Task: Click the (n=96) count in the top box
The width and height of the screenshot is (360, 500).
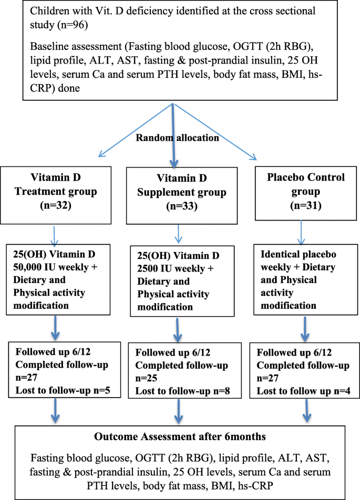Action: (73, 25)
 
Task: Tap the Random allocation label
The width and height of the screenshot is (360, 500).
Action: (178, 138)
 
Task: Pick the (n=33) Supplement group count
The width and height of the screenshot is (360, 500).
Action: (182, 206)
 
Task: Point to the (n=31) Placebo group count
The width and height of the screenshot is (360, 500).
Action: (306, 205)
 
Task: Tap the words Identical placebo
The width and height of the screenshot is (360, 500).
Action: (299, 254)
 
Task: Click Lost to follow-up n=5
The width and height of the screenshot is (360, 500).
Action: (63, 390)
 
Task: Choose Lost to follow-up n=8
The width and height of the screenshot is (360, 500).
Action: (182, 391)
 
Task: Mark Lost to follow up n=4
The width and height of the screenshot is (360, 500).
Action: (304, 391)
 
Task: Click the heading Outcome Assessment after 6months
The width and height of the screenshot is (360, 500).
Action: (180, 436)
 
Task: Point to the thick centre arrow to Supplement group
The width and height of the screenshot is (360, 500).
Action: (173, 136)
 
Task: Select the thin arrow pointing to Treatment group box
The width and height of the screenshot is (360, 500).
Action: (136, 130)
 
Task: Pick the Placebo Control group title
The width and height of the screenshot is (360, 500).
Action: (306, 184)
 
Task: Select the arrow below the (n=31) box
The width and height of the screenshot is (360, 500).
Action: (301, 233)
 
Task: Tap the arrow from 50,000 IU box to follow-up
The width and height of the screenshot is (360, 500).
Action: (56, 328)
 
